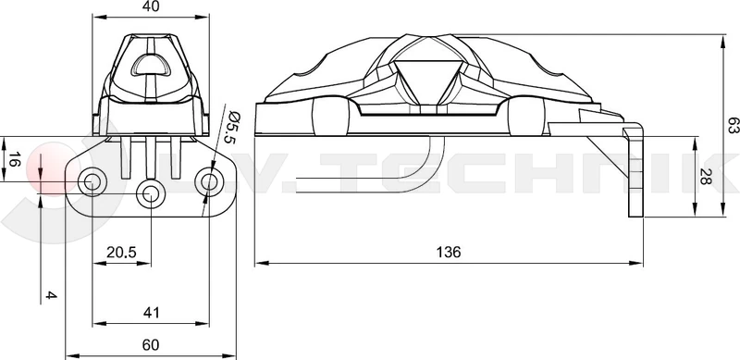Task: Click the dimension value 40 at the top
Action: point(151,6)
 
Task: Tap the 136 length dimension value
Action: point(448,253)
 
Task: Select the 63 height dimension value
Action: point(733,127)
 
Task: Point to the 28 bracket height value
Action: point(705,176)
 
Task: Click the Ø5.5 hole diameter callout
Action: point(231,128)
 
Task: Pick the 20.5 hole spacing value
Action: point(121,253)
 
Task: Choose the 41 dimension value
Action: point(151,312)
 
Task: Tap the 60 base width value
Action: point(151,345)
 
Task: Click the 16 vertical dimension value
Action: point(14,161)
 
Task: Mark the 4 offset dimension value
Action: point(51,295)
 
